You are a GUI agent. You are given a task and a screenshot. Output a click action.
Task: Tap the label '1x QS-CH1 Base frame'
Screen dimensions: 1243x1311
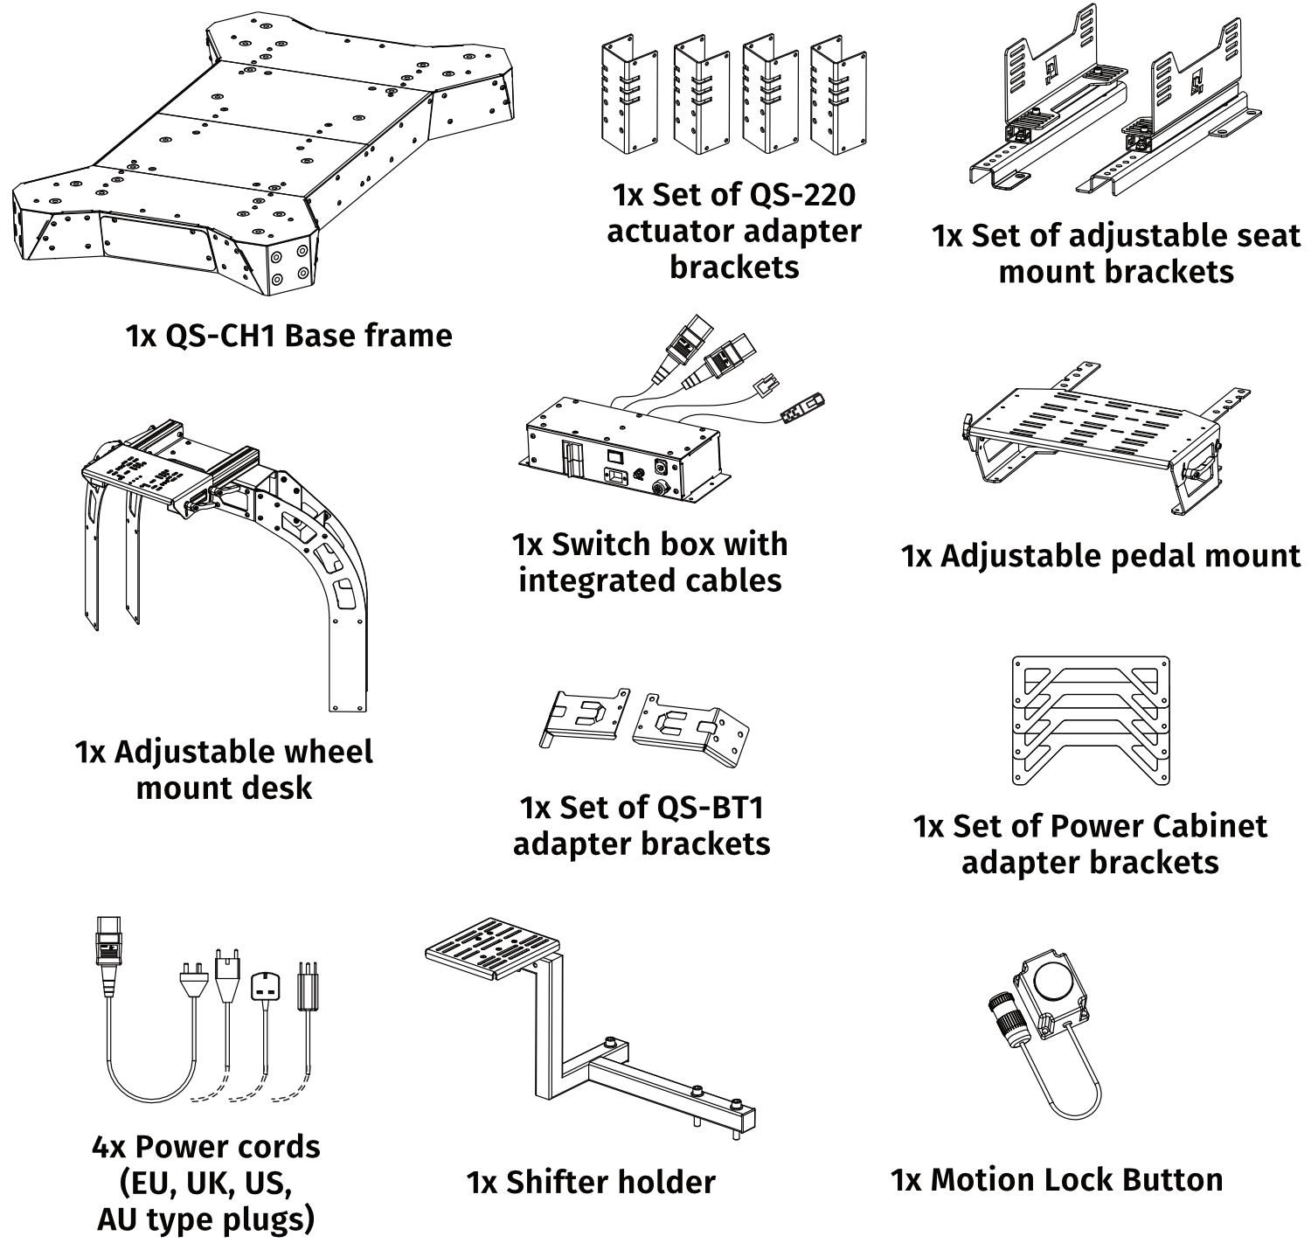tap(289, 336)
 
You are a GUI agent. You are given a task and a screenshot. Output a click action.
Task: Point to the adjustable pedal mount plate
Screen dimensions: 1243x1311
tap(1092, 428)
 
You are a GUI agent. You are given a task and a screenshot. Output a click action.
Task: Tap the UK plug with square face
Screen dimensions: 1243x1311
tap(266, 988)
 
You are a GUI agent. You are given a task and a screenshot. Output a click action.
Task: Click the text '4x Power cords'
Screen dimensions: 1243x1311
tap(205, 1146)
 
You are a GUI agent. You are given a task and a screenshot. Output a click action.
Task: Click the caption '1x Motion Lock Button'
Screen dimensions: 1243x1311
tap(1057, 1180)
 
